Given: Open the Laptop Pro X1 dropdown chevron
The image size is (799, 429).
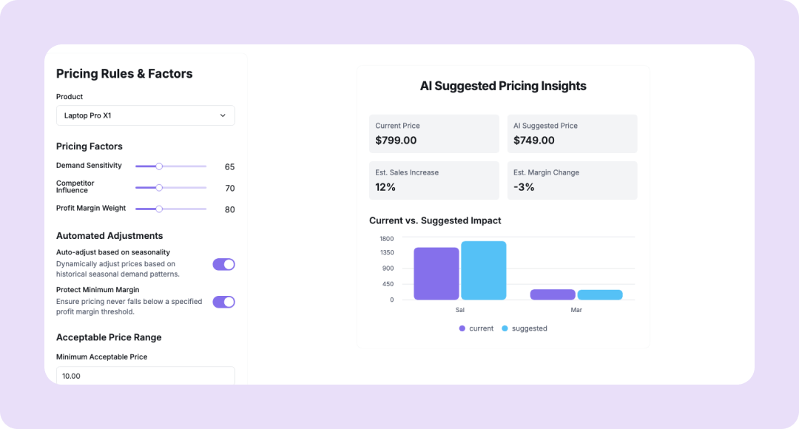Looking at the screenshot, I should [x=223, y=115].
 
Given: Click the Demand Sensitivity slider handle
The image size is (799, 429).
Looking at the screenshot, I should [x=159, y=166].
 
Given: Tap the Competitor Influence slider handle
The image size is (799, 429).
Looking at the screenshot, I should [x=159, y=188].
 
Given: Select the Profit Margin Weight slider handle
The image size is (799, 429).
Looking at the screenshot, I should [x=159, y=209].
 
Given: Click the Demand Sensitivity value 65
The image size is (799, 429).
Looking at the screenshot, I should [x=229, y=167].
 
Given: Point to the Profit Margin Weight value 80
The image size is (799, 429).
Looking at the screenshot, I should [x=229, y=210].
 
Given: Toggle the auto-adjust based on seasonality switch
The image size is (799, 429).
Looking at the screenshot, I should [x=223, y=264].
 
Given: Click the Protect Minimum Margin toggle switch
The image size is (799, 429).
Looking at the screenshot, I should [x=223, y=302].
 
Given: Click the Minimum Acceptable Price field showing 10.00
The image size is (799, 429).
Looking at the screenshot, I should [x=145, y=376].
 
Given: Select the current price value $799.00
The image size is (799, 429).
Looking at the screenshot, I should [x=396, y=141].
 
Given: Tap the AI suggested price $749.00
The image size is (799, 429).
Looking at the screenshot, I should [x=534, y=141].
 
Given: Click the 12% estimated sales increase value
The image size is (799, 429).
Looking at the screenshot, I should [x=385, y=187].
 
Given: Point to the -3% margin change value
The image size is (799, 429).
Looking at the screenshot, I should [x=524, y=187].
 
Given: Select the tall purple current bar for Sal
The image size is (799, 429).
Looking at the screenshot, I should [x=436, y=273].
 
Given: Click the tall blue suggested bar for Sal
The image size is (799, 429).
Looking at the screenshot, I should [x=483, y=270].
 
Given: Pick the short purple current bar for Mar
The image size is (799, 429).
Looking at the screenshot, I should [x=552, y=294].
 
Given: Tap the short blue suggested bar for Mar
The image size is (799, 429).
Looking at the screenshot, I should [x=599, y=294].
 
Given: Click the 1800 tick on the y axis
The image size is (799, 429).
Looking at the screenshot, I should [x=386, y=239].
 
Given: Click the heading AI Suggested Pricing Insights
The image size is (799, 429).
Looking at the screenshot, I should [x=503, y=86].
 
